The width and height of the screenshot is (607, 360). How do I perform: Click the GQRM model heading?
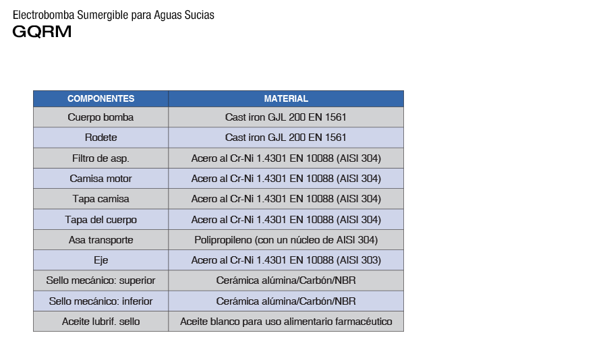(42, 32)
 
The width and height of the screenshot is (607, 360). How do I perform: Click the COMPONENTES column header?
(100, 98)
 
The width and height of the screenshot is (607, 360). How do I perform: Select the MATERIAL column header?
(286, 98)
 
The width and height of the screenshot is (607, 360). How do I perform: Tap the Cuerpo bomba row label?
(100, 117)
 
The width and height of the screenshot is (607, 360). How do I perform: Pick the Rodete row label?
(100, 138)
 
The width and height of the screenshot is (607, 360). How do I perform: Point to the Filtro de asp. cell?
(100, 158)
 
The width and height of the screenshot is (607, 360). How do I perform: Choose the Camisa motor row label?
(100, 179)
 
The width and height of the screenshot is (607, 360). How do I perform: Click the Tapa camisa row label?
(100, 199)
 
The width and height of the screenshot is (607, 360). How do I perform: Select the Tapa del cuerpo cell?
(100, 220)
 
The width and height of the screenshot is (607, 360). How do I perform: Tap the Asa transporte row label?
(100, 240)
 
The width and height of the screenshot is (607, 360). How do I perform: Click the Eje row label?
(100, 260)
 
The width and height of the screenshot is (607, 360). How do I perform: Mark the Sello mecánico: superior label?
(100, 280)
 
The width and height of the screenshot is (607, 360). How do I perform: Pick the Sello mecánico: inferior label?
(100, 301)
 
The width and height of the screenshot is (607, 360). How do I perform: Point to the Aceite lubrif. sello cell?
(100, 322)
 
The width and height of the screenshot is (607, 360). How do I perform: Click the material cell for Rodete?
(286, 138)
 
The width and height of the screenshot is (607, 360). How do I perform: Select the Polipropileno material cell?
(286, 240)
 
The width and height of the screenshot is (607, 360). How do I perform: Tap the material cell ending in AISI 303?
(286, 260)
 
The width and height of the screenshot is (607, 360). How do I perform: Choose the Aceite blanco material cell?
(286, 322)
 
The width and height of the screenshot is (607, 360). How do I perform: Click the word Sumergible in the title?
(98, 15)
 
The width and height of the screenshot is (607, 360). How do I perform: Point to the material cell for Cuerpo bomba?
(286, 117)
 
